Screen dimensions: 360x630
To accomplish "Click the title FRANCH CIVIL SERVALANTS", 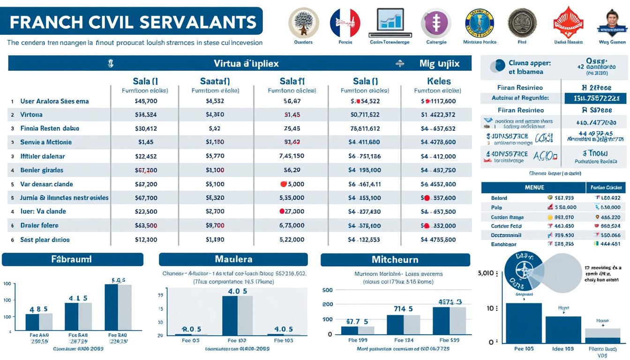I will tap(132, 22).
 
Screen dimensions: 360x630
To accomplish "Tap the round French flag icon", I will tap(345, 23).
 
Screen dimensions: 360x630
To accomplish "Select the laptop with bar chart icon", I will tap(390, 23).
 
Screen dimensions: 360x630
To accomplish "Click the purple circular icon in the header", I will tap(436, 23).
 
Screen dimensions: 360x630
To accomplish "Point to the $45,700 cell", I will tap(146, 101).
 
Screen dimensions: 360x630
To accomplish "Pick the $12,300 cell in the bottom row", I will tap(146, 240).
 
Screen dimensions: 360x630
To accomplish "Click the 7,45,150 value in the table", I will tap(292, 156).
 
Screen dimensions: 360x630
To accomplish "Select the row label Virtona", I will tap(31, 114).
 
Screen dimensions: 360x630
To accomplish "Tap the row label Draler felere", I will tap(39, 225).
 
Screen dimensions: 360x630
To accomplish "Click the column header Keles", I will tap(439, 81).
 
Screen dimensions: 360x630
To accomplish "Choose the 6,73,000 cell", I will tap(292, 225).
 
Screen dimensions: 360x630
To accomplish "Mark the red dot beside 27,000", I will tap(283, 211).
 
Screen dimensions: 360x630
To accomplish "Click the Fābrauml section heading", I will tap(72, 259).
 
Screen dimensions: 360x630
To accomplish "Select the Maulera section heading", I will tap(233, 259).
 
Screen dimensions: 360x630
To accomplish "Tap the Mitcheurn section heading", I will tap(395, 259).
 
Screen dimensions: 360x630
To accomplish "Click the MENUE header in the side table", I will tap(534, 187).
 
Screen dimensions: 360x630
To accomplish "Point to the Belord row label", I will tap(499, 198).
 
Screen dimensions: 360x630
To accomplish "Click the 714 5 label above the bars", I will tap(403, 309).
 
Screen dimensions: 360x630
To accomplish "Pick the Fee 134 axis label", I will tap(404, 340).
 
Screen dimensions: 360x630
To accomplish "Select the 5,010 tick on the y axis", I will tap(485, 273).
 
